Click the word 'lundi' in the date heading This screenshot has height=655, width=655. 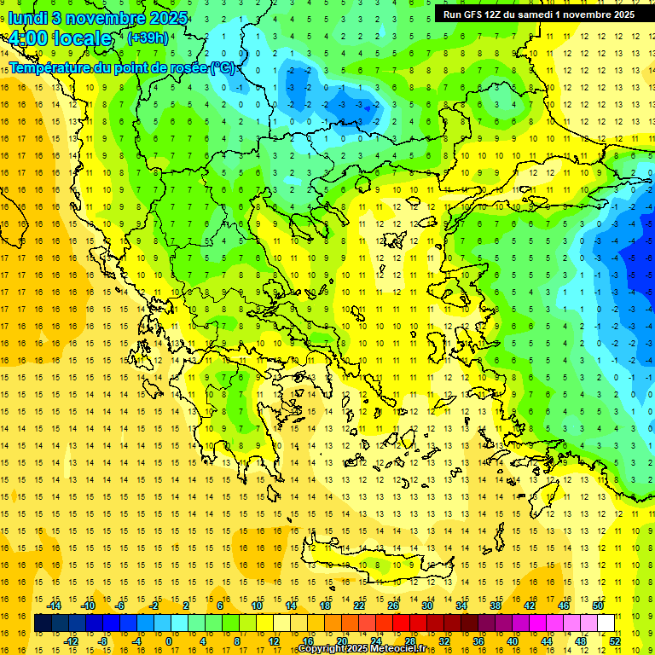click(27, 17)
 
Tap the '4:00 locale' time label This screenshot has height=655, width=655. click(60, 38)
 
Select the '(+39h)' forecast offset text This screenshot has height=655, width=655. click(148, 38)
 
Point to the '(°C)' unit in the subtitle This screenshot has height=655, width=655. click(223, 67)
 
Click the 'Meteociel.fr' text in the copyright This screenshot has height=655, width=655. click(395, 649)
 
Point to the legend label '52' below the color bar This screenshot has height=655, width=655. click(615, 641)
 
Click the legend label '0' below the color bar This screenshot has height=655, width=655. click(168, 641)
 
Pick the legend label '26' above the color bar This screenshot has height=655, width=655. click(393, 606)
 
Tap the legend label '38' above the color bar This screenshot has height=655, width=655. click(495, 606)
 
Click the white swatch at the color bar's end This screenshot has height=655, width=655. click(606, 623)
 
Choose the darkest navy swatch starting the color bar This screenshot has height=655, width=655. click(43, 623)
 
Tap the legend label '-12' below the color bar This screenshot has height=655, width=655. click(71, 641)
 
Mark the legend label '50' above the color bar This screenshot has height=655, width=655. click(597, 606)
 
